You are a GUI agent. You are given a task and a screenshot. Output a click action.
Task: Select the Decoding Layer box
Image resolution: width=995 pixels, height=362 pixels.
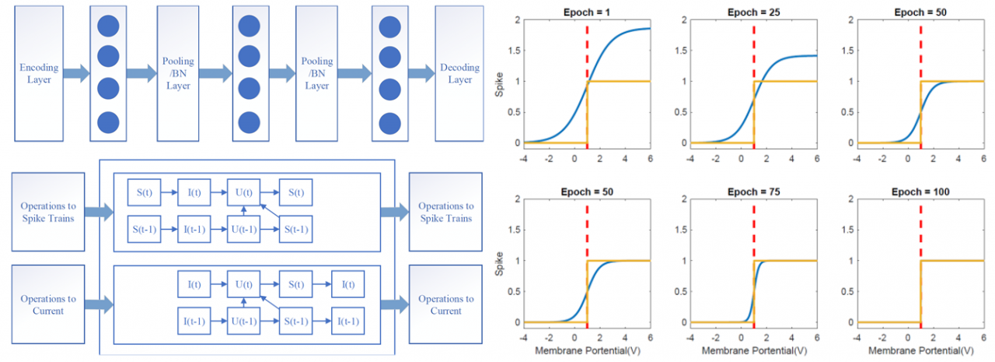[x=459, y=74]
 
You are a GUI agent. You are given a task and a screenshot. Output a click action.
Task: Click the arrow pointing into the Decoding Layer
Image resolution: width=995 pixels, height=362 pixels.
[x=422, y=74]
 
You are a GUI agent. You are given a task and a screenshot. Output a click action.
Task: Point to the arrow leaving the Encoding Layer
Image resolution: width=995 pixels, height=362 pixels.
[x=75, y=74]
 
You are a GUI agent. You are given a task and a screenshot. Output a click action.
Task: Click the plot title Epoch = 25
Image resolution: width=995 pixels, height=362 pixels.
[x=753, y=11]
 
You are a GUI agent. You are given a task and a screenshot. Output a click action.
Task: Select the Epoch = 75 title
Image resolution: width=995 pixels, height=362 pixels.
[x=753, y=191]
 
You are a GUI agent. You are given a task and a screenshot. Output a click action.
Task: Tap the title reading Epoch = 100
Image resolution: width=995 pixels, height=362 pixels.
[x=920, y=191]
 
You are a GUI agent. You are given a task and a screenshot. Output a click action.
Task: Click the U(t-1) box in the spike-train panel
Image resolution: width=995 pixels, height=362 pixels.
[x=243, y=230]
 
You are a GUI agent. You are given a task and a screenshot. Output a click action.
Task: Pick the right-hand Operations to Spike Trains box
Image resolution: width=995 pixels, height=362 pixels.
[x=446, y=212]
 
